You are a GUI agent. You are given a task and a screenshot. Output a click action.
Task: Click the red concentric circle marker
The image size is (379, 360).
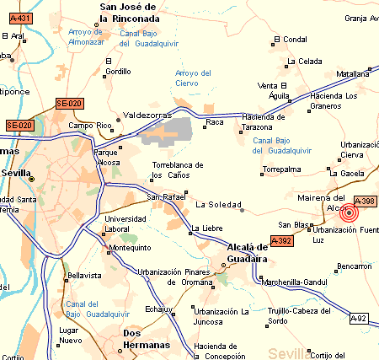(348, 213)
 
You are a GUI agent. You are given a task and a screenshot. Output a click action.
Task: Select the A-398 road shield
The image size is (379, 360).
(364, 201)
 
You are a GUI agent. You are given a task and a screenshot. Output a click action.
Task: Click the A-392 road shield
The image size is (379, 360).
(284, 240)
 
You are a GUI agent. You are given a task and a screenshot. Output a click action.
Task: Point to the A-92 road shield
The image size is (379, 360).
(361, 318)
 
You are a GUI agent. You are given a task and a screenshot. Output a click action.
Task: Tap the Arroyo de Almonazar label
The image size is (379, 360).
(84, 36)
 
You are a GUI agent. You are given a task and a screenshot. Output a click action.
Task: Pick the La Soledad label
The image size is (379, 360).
(213, 204)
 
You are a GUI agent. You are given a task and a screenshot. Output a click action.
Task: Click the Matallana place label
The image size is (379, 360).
(353, 74)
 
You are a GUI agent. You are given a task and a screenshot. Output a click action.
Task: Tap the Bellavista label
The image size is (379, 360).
(83, 275)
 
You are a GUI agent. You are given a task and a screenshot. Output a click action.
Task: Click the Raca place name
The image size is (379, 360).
(215, 123)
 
